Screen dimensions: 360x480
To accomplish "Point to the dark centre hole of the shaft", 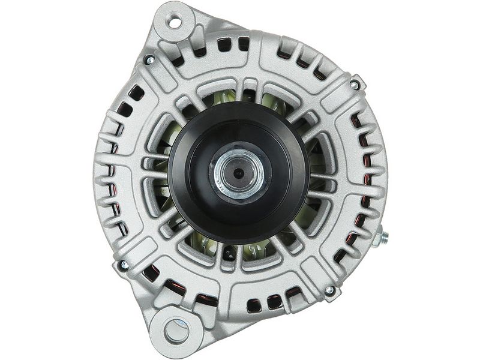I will click(x=238, y=173).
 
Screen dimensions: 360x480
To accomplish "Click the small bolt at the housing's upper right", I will click(x=355, y=85).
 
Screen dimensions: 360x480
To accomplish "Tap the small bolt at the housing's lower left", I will click(x=124, y=264).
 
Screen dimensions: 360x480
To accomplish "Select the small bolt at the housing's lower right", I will click(x=329, y=290).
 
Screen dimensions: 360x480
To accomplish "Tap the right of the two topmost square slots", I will click(x=244, y=43).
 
